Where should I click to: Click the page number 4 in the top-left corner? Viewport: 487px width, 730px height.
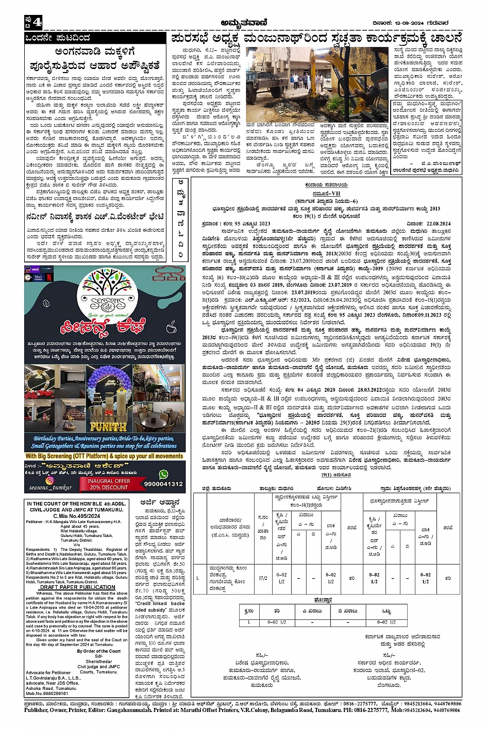point(37,22)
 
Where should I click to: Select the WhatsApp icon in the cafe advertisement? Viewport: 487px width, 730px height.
point(163,474)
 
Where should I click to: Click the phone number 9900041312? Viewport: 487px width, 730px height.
point(163,484)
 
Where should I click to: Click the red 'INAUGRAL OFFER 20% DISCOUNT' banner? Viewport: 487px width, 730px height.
point(109,484)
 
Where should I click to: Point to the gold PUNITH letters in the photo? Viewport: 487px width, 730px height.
point(108,427)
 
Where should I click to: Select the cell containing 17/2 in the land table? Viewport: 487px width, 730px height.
point(263,578)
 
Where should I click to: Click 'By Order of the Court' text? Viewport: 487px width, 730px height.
point(98,651)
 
